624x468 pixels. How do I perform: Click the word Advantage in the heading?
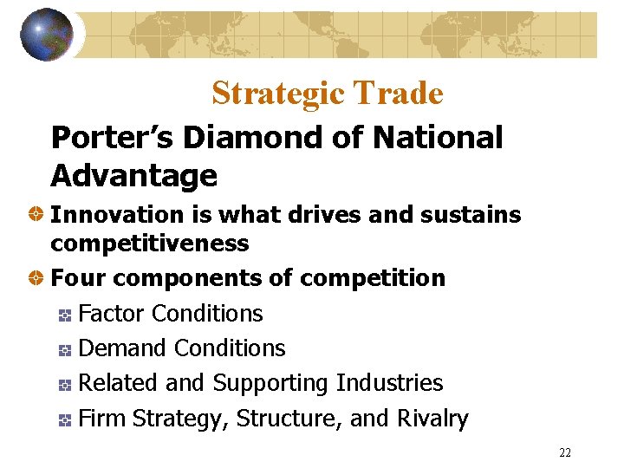click(133, 176)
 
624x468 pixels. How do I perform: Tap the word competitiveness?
click(150, 244)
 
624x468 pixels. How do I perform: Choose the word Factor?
click(107, 314)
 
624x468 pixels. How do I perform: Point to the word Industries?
click(389, 383)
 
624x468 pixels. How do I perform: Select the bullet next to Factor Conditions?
click(65, 315)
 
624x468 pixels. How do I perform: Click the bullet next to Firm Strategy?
click(65, 419)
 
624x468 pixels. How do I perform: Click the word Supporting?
click(270, 383)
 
